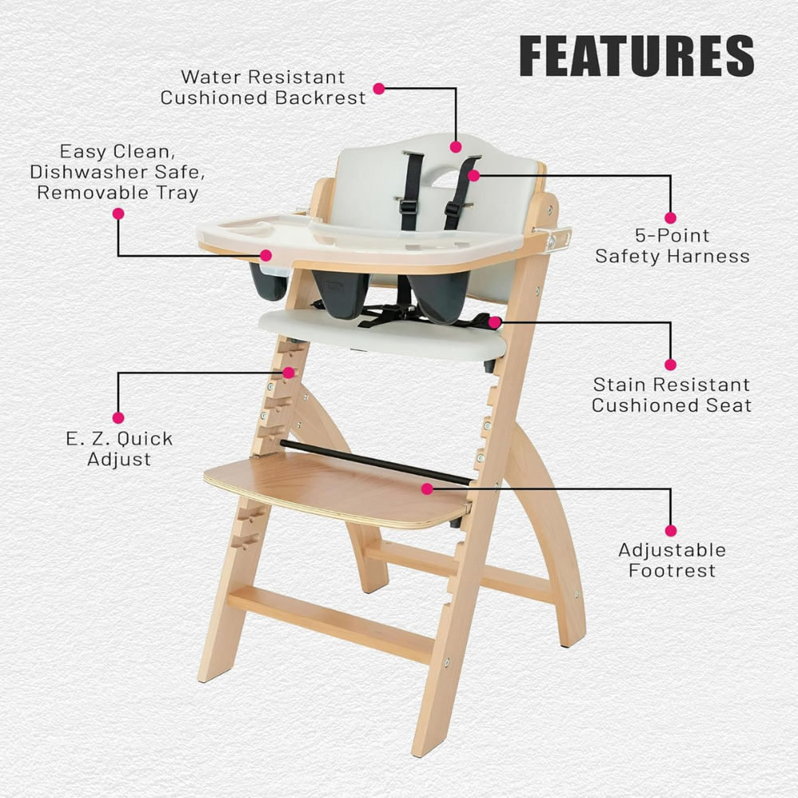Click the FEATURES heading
click(637, 56)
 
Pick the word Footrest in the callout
click(672, 571)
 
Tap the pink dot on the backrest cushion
click(456, 147)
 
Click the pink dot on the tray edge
click(266, 255)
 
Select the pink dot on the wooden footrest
click(427, 489)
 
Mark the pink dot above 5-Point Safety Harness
click(670, 218)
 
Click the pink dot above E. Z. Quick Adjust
click(118, 418)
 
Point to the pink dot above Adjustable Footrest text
click(671, 531)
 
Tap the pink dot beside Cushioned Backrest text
click(378, 89)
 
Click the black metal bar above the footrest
click(375, 462)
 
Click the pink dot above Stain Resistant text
click(670, 365)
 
